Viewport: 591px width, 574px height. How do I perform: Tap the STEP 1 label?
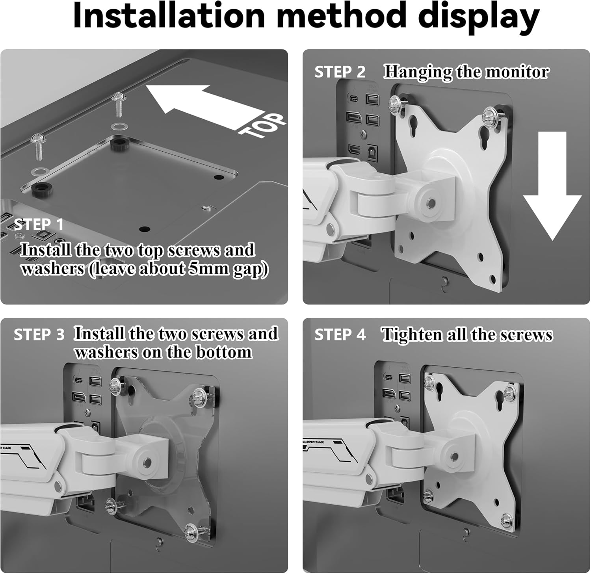[39, 225]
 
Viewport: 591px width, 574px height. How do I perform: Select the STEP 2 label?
[340, 72]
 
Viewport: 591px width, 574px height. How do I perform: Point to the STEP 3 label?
[39, 335]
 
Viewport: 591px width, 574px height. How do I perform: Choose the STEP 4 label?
[340, 335]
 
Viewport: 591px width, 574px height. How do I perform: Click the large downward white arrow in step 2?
[552, 185]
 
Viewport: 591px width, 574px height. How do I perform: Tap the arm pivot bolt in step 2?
[431, 203]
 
